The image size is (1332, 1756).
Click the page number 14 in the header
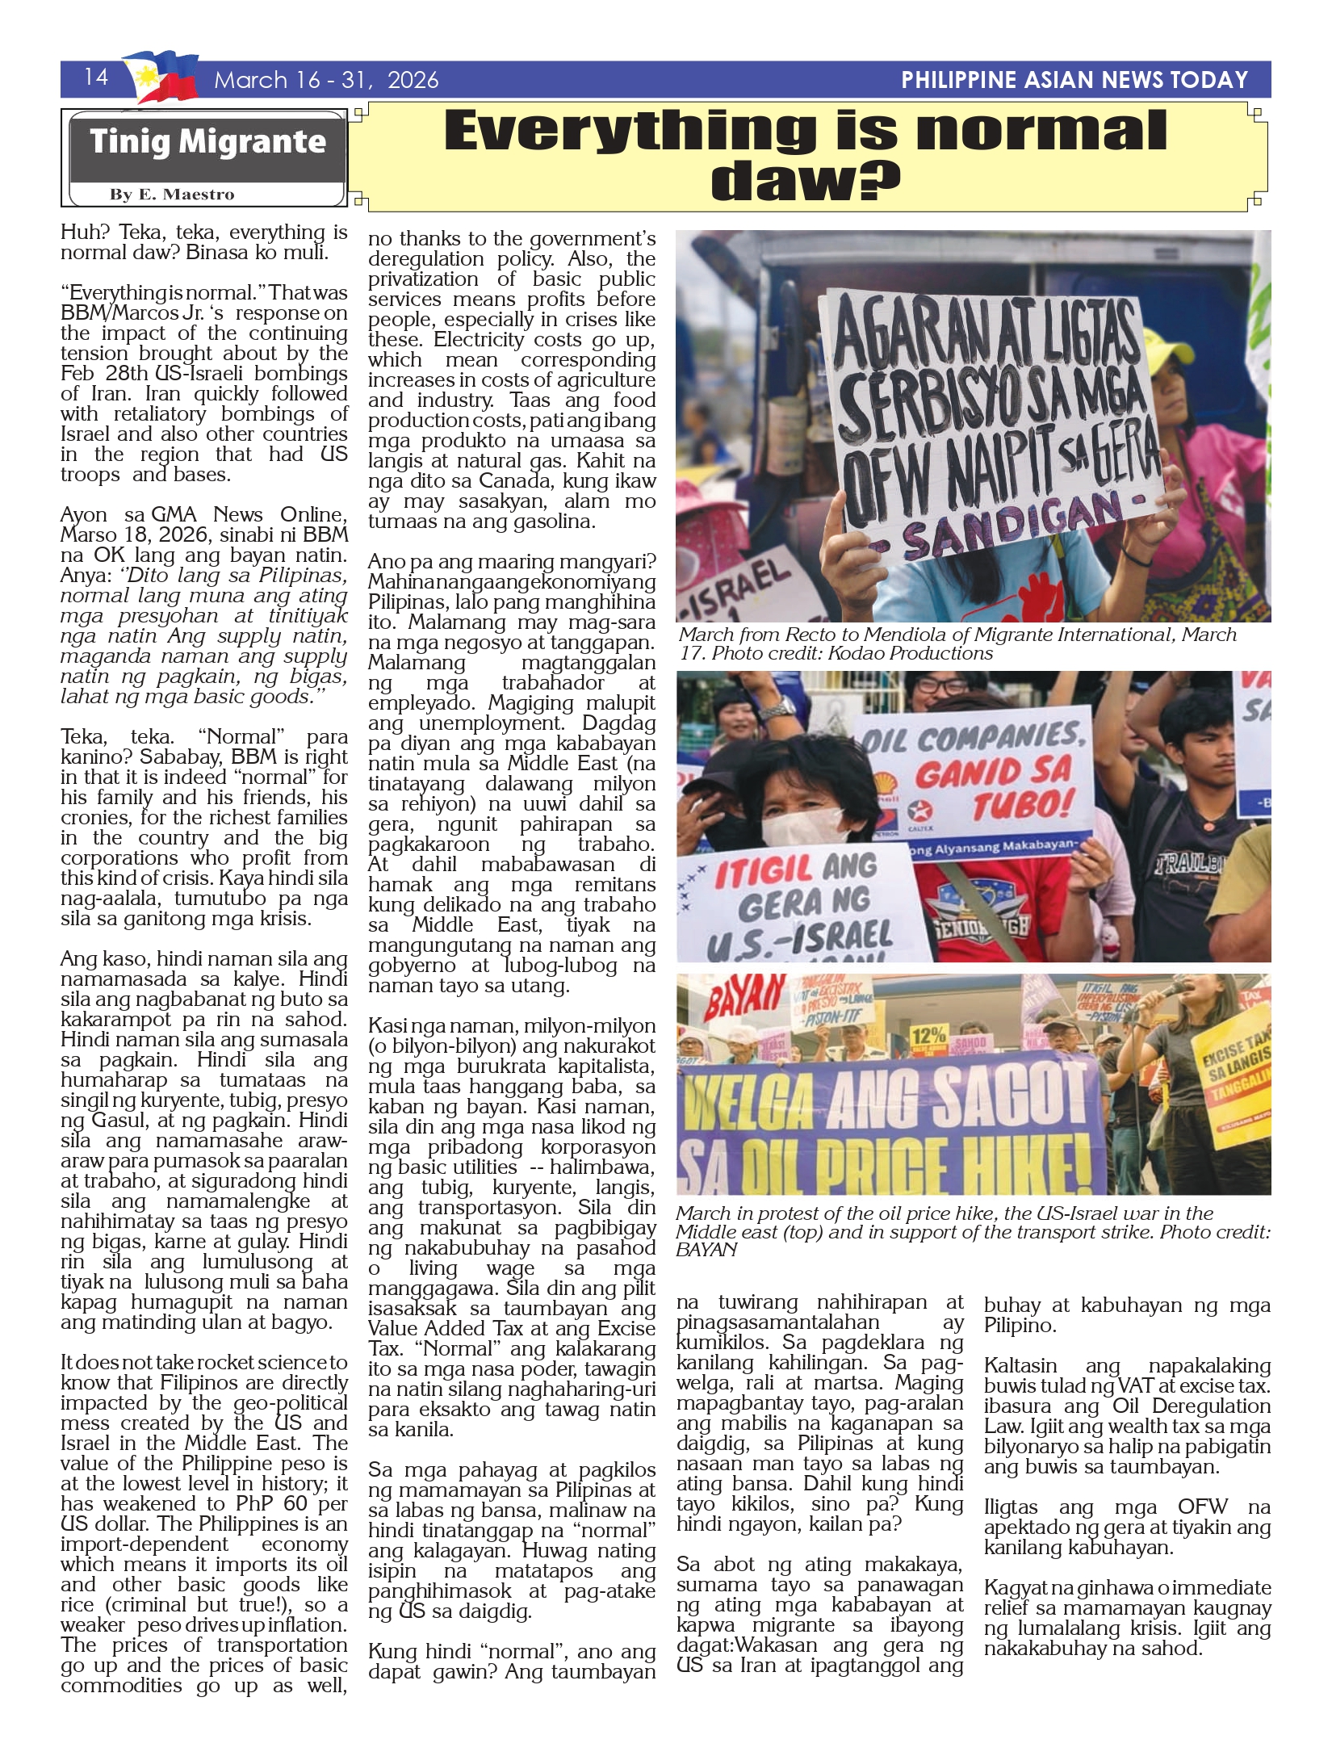96,77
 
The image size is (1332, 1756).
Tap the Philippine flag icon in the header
161,78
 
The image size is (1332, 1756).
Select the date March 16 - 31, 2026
326,80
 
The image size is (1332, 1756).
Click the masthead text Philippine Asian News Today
1074,80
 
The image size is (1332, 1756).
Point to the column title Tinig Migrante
207,142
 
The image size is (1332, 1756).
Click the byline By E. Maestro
172,195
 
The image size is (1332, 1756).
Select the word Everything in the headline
630,131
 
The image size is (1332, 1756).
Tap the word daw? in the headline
805,181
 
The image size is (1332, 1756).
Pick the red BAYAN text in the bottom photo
732,1000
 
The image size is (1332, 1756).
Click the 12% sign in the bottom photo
928,1035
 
